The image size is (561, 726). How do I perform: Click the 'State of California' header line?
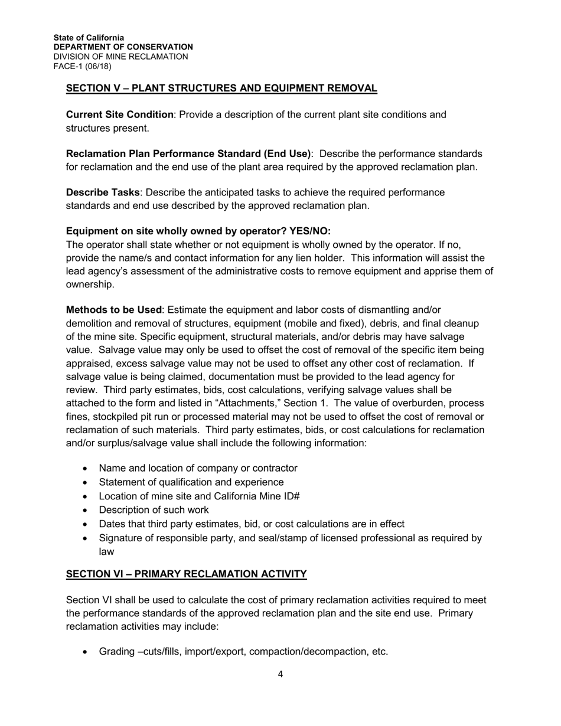click(89, 37)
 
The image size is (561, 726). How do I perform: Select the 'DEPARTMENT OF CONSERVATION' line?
click(123, 47)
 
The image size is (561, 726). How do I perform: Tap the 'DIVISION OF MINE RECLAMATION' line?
click(120, 57)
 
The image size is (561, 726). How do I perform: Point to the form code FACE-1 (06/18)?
click(82, 66)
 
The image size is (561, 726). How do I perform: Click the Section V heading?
click(221, 89)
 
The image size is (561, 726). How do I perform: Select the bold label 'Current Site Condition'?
click(120, 115)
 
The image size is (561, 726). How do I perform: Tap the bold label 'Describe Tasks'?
click(103, 192)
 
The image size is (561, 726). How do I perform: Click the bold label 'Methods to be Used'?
click(113, 310)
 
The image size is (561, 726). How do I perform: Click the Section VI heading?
click(186, 574)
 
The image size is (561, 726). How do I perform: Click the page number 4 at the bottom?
click(280, 675)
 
